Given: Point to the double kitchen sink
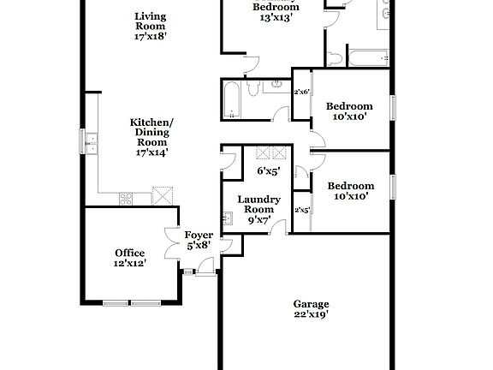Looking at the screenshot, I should [x=92, y=144].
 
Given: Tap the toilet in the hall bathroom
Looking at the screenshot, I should [x=256, y=87].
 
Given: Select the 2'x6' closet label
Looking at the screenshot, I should [x=301, y=92].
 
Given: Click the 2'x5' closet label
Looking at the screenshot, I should [x=301, y=209].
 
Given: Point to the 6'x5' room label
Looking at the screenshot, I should [x=269, y=171].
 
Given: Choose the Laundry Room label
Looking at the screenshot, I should [x=258, y=209].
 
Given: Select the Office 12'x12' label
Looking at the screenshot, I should [x=130, y=258].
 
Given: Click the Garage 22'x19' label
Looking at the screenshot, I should [x=311, y=308].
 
